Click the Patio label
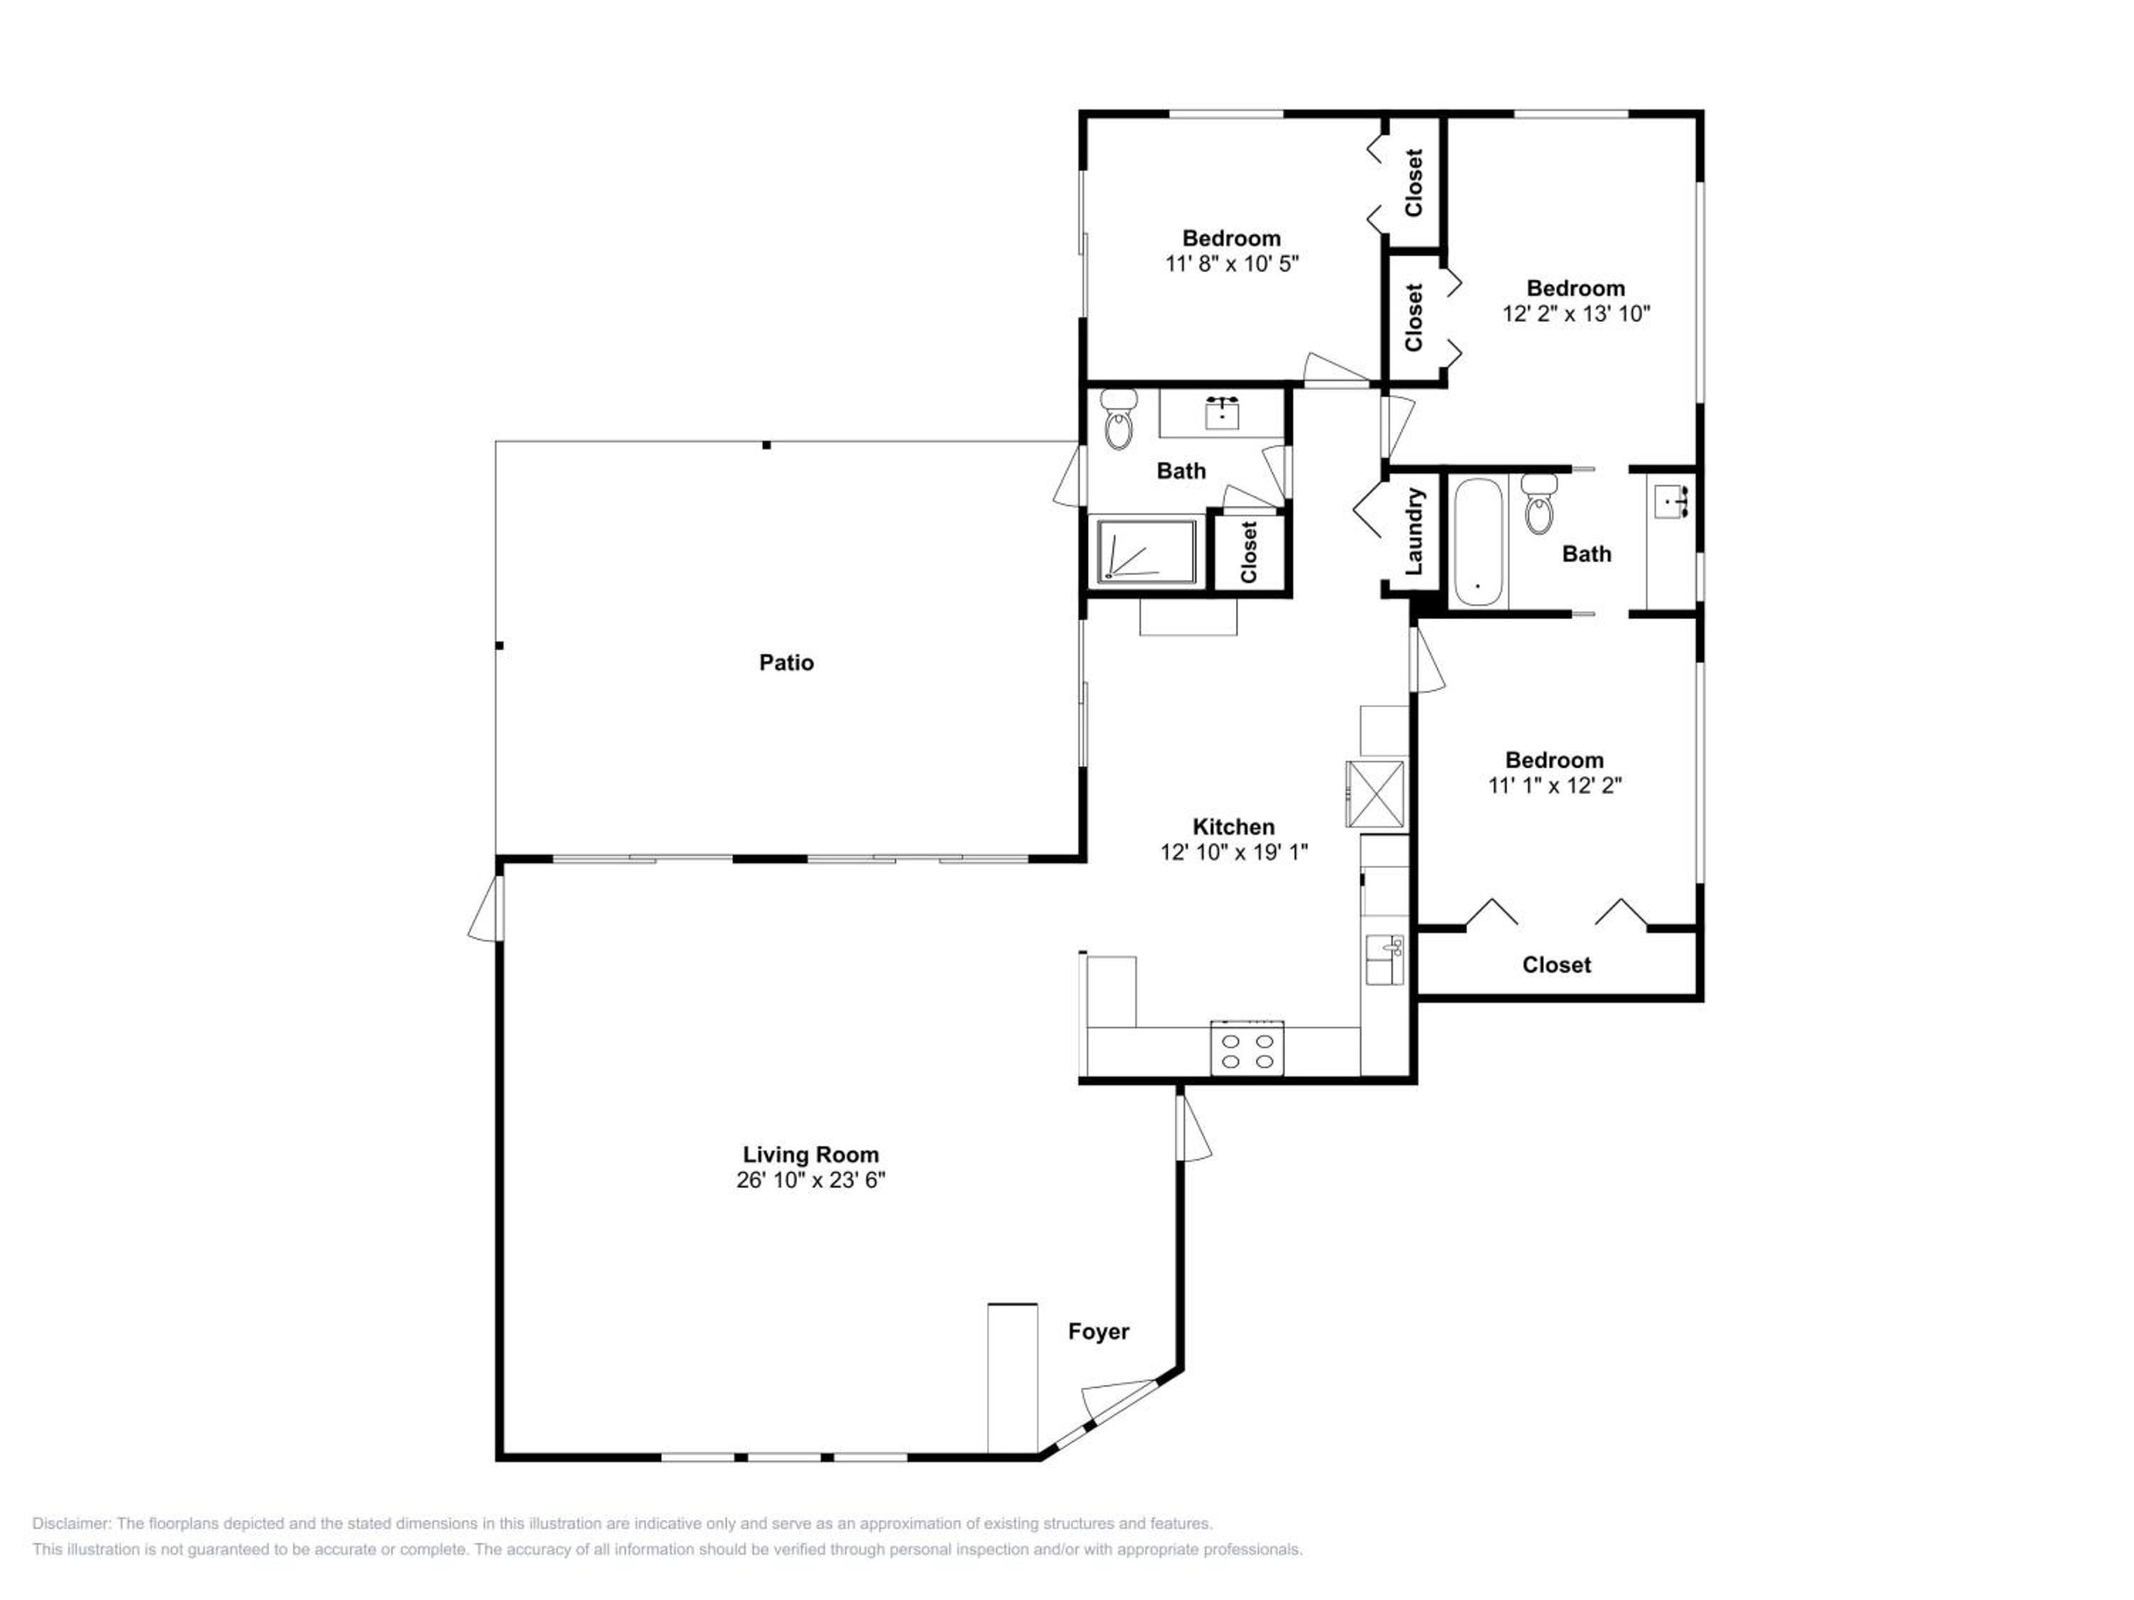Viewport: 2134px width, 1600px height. [786, 663]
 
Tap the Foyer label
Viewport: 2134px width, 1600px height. [1098, 1332]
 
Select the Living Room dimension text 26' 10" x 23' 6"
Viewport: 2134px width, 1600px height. [810, 1180]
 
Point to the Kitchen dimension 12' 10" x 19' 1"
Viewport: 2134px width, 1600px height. [1234, 852]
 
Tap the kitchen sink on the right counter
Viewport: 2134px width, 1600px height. [1384, 959]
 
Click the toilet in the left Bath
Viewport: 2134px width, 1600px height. [1119, 419]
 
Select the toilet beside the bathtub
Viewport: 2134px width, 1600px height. [1539, 503]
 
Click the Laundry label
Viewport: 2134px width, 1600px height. [1414, 531]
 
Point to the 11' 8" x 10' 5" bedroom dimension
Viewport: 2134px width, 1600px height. [1232, 263]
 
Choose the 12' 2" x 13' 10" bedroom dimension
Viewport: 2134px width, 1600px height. [1576, 314]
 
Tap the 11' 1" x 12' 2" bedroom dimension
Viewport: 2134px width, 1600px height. [1555, 785]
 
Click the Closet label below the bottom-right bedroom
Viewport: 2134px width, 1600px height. [1556, 964]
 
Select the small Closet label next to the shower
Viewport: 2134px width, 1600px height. [1249, 552]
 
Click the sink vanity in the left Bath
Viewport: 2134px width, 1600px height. [1222, 414]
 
